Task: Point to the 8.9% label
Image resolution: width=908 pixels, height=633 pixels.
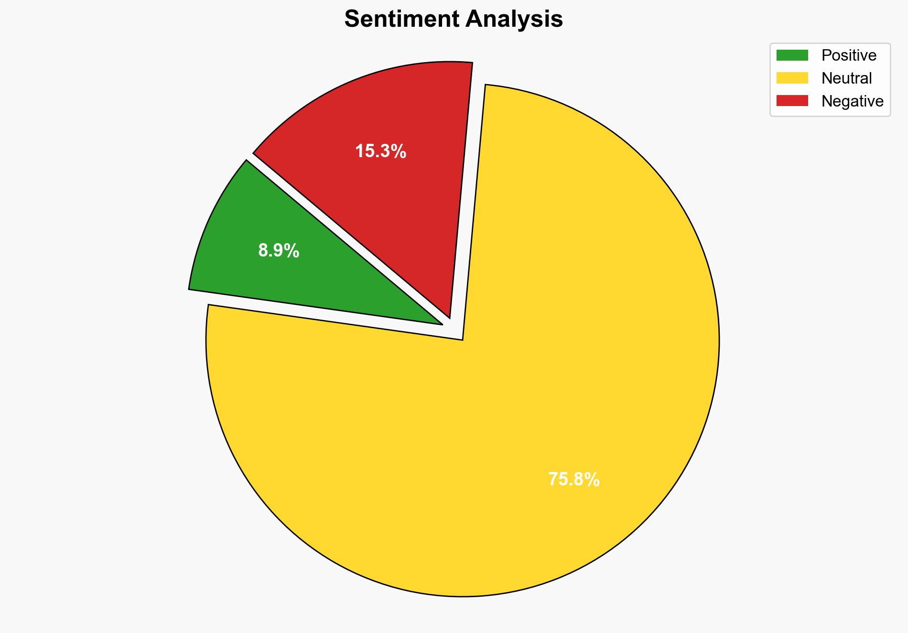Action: [279, 251]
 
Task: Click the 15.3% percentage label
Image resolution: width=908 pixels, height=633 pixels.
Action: [380, 151]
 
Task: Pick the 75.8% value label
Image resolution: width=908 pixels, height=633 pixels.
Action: [573, 479]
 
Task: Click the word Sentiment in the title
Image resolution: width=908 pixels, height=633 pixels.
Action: [402, 20]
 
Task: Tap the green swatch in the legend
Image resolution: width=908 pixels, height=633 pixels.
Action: [792, 55]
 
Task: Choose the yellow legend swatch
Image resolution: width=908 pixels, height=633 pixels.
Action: [792, 78]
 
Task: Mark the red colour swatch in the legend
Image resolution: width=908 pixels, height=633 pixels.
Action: [792, 101]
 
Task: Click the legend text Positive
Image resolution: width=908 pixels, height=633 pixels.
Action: [849, 55]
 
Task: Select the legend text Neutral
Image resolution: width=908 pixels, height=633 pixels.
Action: [846, 78]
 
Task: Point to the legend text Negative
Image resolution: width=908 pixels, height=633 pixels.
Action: [852, 101]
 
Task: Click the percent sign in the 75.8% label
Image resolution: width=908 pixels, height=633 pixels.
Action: [592, 479]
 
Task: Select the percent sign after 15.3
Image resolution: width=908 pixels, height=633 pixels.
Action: [399, 151]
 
